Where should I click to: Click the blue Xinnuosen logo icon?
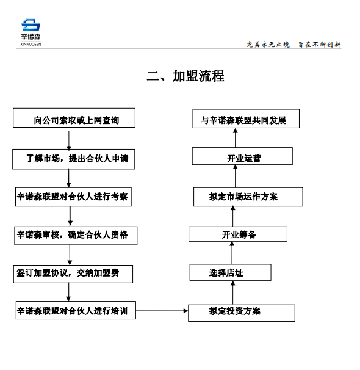pyautogui.click(x=31, y=25)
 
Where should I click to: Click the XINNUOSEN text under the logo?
pyautogui.click(x=31, y=44)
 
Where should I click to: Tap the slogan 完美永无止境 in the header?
pyautogui.click(x=268, y=45)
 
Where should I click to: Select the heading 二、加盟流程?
pyautogui.click(x=185, y=76)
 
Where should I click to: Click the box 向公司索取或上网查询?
pyautogui.click(x=74, y=118)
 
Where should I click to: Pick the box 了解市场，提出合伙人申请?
pyautogui.click(x=74, y=159)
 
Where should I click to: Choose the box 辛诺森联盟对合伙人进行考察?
pyautogui.click(x=73, y=197)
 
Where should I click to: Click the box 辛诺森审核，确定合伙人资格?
pyautogui.click(x=76, y=236)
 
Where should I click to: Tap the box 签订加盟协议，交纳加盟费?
pyautogui.click(x=73, y=274)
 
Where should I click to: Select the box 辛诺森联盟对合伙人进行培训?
pyautogui.click(x=76, y=310)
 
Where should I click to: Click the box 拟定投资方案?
pyautogui.click(x=242, y=313)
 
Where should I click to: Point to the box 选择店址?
pyautogui.click(x=230, y=272)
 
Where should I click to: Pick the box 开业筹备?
pyautogui.click(x=238, y=234)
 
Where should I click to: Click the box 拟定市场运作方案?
pyautogui.click(x=248, y=197)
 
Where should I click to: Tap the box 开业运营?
pyautogui.click(x=242, y=156)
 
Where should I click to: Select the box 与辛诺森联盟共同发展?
pyautogui.click(x=246, y=118)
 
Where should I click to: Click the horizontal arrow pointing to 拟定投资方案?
pyautogui.click(x=162, y=311)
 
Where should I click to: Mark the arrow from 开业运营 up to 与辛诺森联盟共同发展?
pyautogui.click(x=235, y=138)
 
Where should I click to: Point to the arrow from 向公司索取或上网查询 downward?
pyautogui.click(x=69, y=140)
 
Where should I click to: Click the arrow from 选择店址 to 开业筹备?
pyautogui.click(x=232, y=253)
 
